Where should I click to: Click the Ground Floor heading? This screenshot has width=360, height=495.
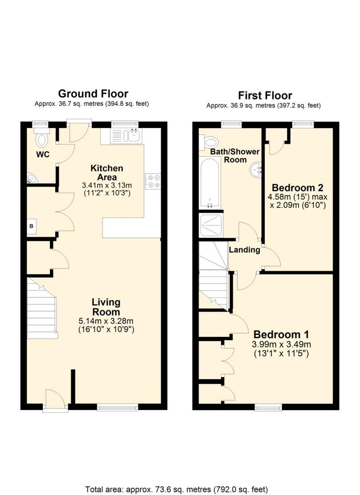pos(93,94)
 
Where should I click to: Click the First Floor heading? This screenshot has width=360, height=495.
pos(265,95)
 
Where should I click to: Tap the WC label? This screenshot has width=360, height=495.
pos(43,155)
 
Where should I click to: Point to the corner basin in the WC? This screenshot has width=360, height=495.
pos(31,178)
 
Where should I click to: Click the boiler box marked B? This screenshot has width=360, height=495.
pos(31,226)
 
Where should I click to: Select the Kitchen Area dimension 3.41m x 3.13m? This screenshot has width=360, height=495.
pos(107,185)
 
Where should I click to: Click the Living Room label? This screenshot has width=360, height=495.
pos(106,307)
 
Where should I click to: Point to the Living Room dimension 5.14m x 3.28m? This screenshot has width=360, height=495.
pos(106,321)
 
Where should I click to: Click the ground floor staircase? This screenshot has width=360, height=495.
pos(42,308)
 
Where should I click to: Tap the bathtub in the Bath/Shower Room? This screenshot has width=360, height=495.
pos(209,182)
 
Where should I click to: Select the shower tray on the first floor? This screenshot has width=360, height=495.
pos(211,225)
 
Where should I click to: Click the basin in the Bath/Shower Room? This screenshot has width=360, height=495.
pos(256,171)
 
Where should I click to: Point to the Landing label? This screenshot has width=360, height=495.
pos(244,250)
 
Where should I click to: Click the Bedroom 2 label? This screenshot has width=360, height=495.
pos(298,188)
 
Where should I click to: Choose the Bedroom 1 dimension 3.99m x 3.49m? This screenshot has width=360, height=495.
pos(281,344)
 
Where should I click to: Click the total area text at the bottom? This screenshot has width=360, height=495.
pos(177,490)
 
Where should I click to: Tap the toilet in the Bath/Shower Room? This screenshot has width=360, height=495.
pos(209,143)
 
